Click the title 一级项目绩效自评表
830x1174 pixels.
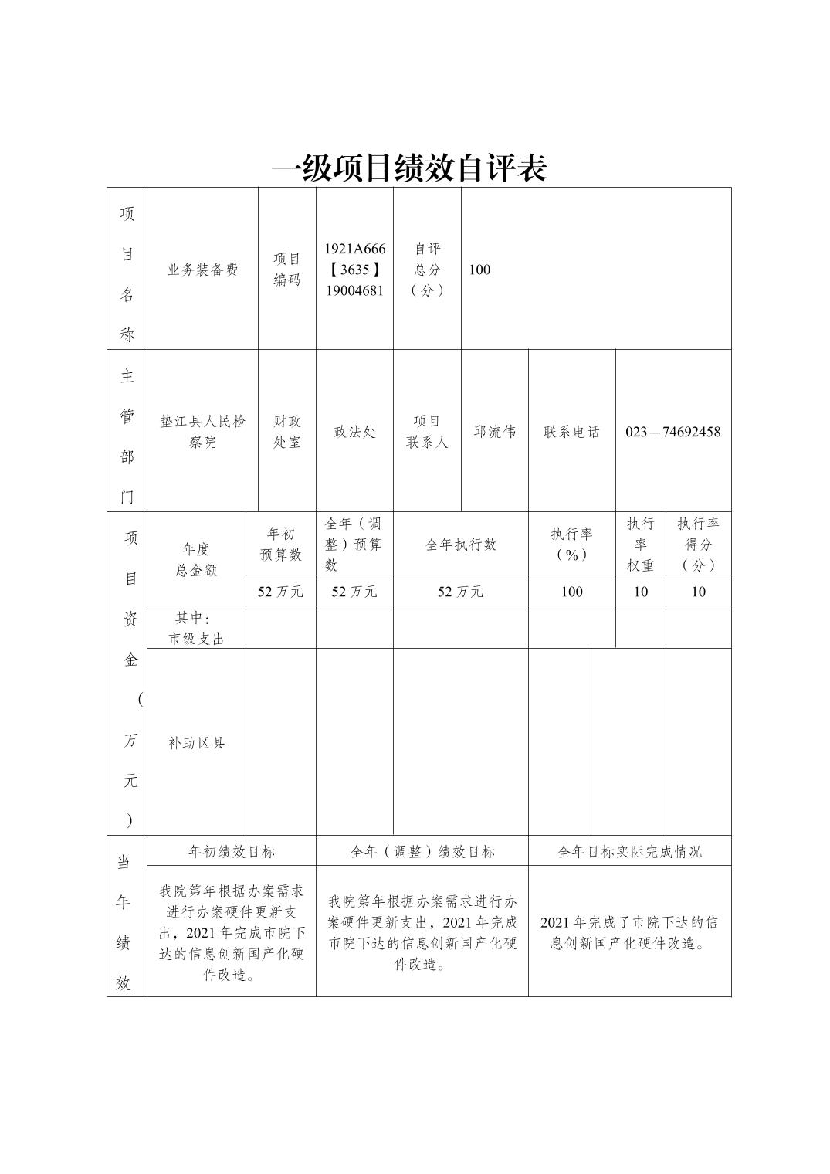(x=409, y=168)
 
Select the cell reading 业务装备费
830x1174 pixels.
(x=202, y=270)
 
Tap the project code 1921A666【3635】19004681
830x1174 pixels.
(x=354, y=270)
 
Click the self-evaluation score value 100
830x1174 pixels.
(x=479, y=270)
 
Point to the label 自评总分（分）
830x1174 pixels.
(x=427, y=270)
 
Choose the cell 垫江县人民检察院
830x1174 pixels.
(x=202, y=432)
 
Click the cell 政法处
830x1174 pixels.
(x=354, y=432)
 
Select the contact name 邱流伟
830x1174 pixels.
(x=494, y=432)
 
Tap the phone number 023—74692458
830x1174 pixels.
(x=672, y=432)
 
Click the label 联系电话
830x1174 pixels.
(x=571, y=432)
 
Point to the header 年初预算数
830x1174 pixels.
(x=280, y=545)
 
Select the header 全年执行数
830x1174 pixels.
(x=460, y=545)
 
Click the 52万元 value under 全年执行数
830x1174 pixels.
(x=460, y=592)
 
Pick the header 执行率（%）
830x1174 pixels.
(x=571, y=545)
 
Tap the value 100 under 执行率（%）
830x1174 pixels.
(x=571, y=592)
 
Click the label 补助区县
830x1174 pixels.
(x=196, y=743)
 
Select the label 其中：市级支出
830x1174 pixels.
(x=196, y=628)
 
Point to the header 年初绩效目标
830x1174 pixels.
(x=232, y=852)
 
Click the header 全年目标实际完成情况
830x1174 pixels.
(x=629, y=852)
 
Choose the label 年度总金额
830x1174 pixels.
(x=196, y=559)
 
